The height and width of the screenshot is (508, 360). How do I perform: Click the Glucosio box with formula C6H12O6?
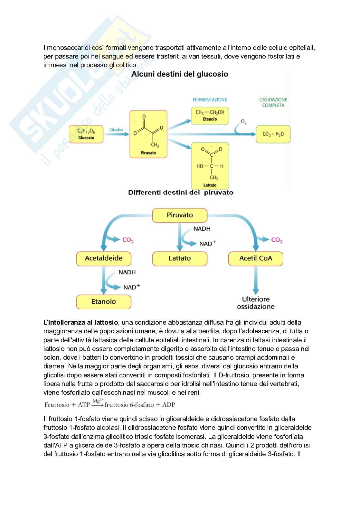86,134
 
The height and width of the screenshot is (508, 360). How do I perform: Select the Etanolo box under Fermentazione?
210,115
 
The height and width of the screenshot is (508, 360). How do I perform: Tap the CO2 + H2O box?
273,134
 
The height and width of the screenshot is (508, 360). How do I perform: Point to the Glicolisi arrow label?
116,130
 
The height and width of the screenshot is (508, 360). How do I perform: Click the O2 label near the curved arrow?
244,122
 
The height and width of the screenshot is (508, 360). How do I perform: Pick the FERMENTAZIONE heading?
210,100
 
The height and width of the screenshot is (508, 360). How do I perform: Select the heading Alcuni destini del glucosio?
180,74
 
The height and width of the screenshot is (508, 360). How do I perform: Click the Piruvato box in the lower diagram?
180,215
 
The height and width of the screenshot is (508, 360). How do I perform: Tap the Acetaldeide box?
104,258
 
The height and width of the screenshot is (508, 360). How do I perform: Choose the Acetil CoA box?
256,258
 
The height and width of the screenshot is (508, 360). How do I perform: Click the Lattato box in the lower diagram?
180,258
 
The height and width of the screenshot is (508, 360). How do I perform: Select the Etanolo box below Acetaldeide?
104,302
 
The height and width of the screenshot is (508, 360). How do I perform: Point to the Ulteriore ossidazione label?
256,303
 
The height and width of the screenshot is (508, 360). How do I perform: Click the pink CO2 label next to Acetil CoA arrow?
277,240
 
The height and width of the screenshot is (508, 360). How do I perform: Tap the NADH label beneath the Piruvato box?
202,229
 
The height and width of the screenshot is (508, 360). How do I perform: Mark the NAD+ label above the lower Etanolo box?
132,287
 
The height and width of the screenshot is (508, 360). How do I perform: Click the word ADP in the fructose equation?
168,405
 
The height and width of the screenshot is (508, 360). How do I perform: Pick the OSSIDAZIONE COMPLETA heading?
273,102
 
